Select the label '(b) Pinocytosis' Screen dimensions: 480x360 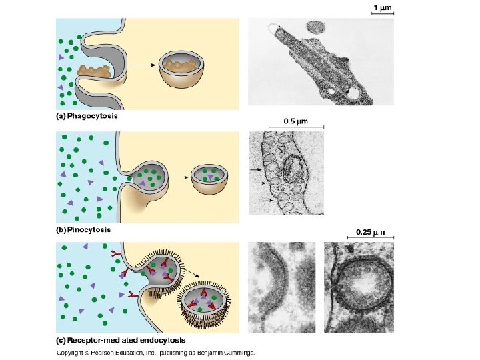83,229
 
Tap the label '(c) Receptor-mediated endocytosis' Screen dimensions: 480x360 121,340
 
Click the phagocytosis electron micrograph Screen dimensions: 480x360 321,61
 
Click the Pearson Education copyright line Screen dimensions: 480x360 155,353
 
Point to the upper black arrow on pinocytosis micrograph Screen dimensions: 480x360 257,170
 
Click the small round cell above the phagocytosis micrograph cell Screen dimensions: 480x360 316,27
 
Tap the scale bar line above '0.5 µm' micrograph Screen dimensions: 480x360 296,128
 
